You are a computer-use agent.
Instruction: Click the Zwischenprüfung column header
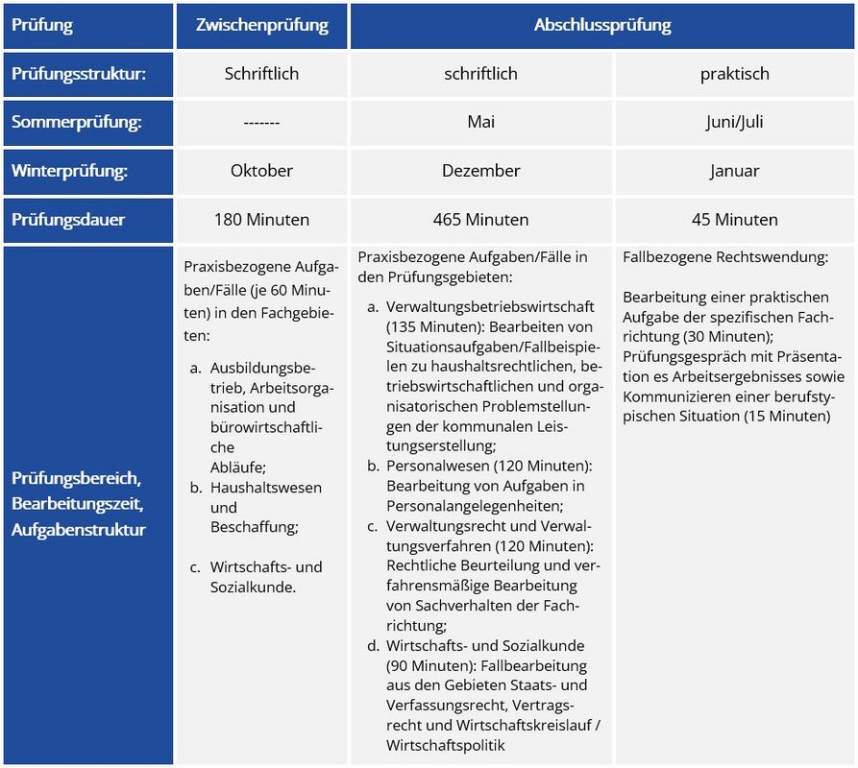click(261, 26)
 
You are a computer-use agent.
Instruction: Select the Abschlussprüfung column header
click(602, 26)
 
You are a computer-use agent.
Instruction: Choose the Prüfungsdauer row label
click(68, 220)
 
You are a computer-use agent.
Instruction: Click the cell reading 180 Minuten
click(261, 220)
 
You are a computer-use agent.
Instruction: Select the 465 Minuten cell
click(480, 220)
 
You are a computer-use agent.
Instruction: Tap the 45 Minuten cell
click(734, 220)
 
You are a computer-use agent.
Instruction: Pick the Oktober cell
click(261, 171)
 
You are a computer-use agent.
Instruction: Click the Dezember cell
click(480, 171)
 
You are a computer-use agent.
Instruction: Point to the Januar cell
click(734, 171)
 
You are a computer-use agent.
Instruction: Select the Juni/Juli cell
click(734, 123)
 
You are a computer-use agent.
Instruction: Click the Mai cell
click(480, 123)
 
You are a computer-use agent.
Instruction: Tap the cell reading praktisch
click(734, 74)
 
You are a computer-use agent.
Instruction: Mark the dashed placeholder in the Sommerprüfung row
click(261, 123)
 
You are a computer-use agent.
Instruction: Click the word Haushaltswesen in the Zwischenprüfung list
click(266, 488)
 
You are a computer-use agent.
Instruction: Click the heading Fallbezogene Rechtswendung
click(725, 257)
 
